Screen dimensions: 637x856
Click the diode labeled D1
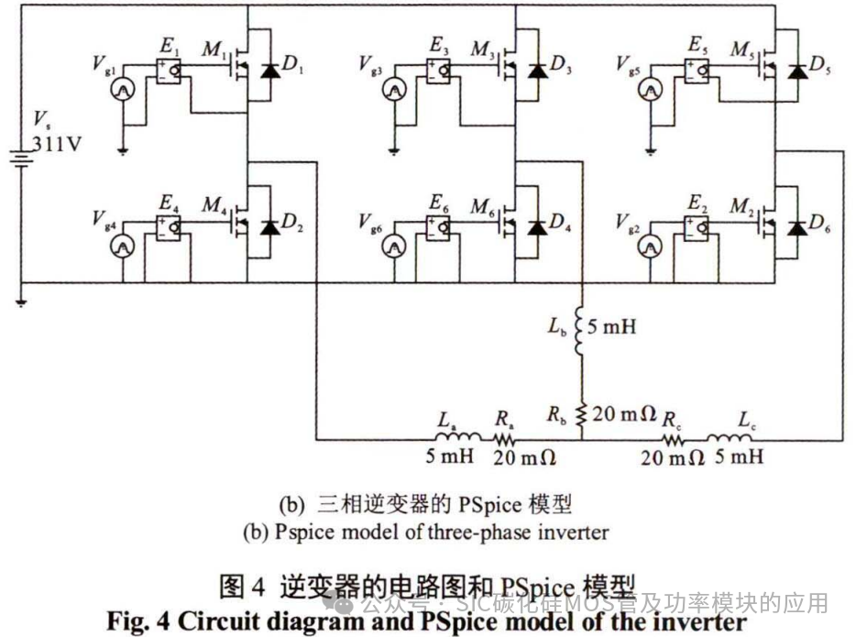268,71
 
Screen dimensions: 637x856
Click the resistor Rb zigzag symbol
579,412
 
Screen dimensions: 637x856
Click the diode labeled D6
797,226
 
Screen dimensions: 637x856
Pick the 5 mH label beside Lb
612,326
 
